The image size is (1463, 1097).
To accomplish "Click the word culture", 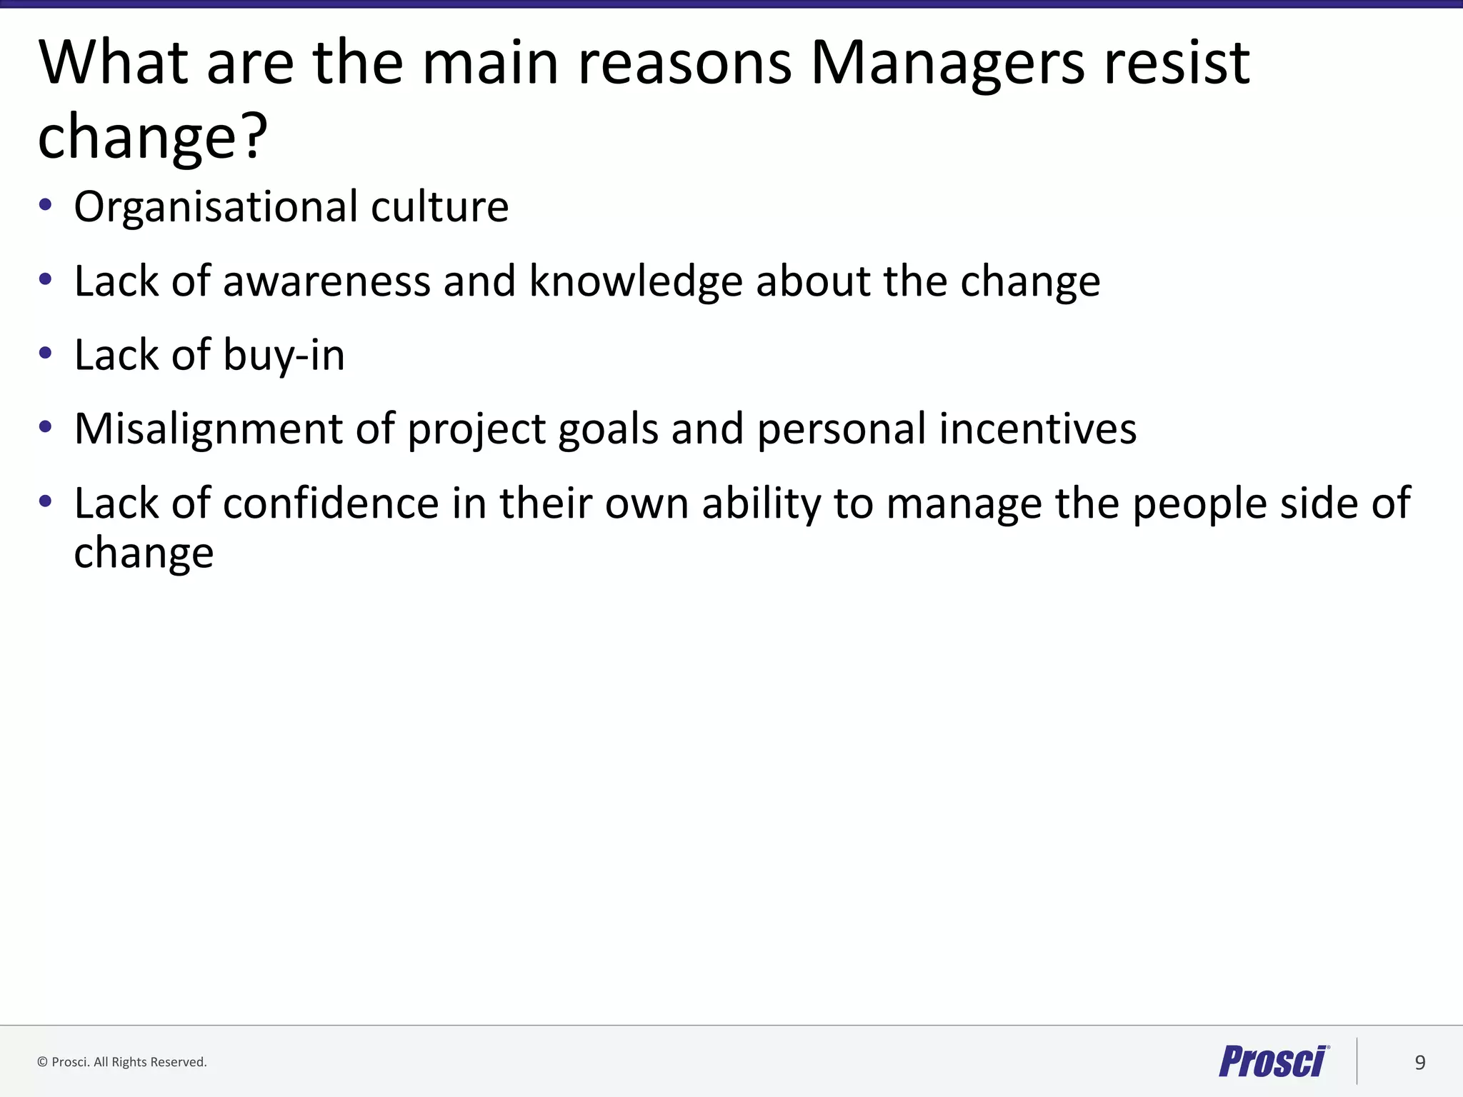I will [439, 208].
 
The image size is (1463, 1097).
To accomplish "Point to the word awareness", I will [326, 281].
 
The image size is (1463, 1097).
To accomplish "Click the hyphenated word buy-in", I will [284, 356].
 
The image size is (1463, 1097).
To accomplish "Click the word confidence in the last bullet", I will [331, 504].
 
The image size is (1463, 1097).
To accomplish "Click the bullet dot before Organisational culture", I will [46, 206].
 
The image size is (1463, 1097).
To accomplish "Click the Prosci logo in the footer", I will [1273, 1061].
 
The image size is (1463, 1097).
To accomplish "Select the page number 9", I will [1420, 1063].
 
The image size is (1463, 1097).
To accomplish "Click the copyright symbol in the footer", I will [42, 1062].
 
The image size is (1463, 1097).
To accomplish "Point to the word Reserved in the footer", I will [178, 1062].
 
